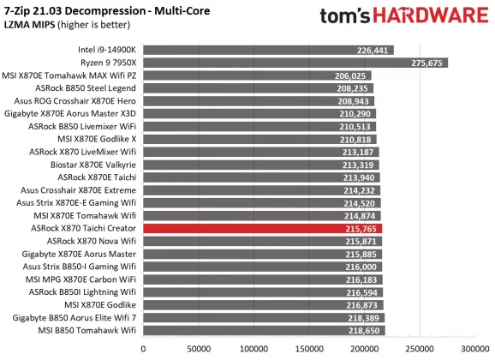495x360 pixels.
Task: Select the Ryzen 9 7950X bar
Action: coord(295,63)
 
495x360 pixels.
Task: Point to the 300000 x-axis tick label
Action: coord(475,350)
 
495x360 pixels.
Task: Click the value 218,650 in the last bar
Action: coord(365,330)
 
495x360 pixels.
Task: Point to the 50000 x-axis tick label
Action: coord(199,350)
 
